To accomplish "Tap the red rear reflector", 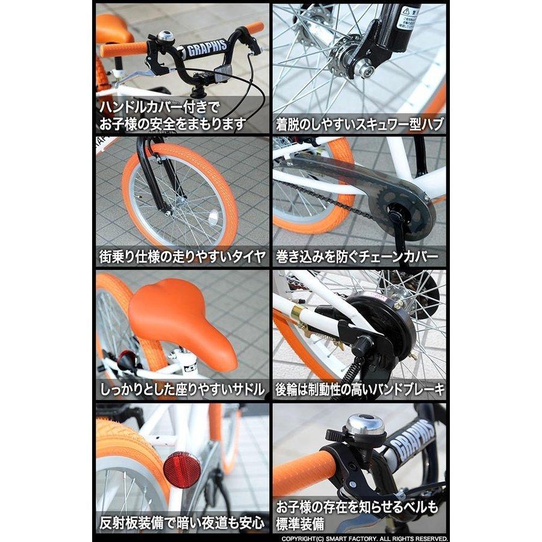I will tap(181, 470).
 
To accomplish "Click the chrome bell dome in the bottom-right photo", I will tap(364, 425).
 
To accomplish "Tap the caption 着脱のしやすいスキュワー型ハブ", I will tap(360, 125).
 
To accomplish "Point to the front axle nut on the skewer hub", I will tap(364, 68).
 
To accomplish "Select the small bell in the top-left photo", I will tap(165, 37).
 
